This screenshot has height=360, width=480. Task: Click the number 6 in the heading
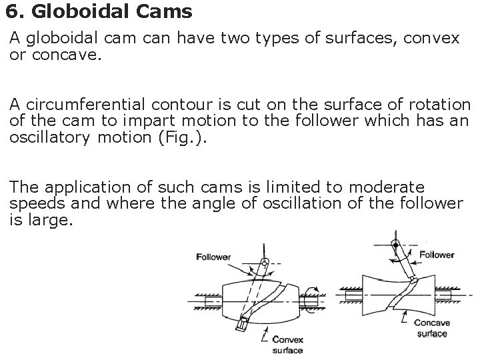[x=11, y=11]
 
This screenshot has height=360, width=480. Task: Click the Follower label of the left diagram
[x=213, y=257]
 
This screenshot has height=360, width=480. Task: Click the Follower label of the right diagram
[x=437, y=254]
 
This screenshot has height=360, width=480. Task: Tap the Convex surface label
[x=288, y=344]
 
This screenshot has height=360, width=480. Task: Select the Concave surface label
[x=432, y=328]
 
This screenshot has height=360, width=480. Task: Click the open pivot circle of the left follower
[x=265, y=261]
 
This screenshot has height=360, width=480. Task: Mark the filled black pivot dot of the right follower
[x=395, y=245]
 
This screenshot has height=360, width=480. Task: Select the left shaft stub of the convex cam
[x=213, y=301]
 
